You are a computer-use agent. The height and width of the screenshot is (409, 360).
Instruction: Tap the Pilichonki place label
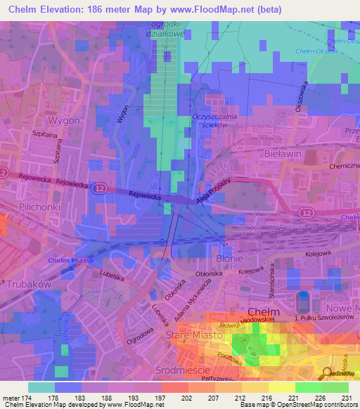(41, 209)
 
